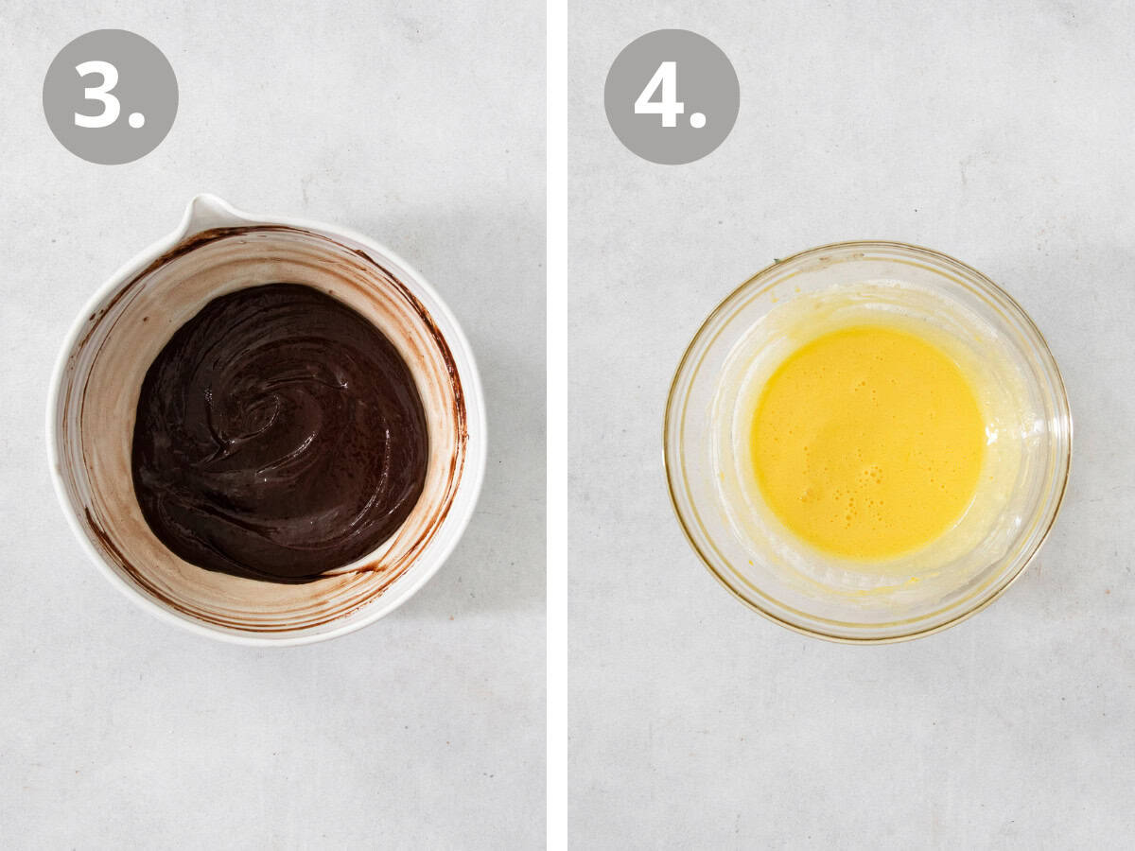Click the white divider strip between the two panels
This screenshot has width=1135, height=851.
(x=557, y=425)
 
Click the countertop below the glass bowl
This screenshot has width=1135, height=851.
(x=865, y=738)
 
